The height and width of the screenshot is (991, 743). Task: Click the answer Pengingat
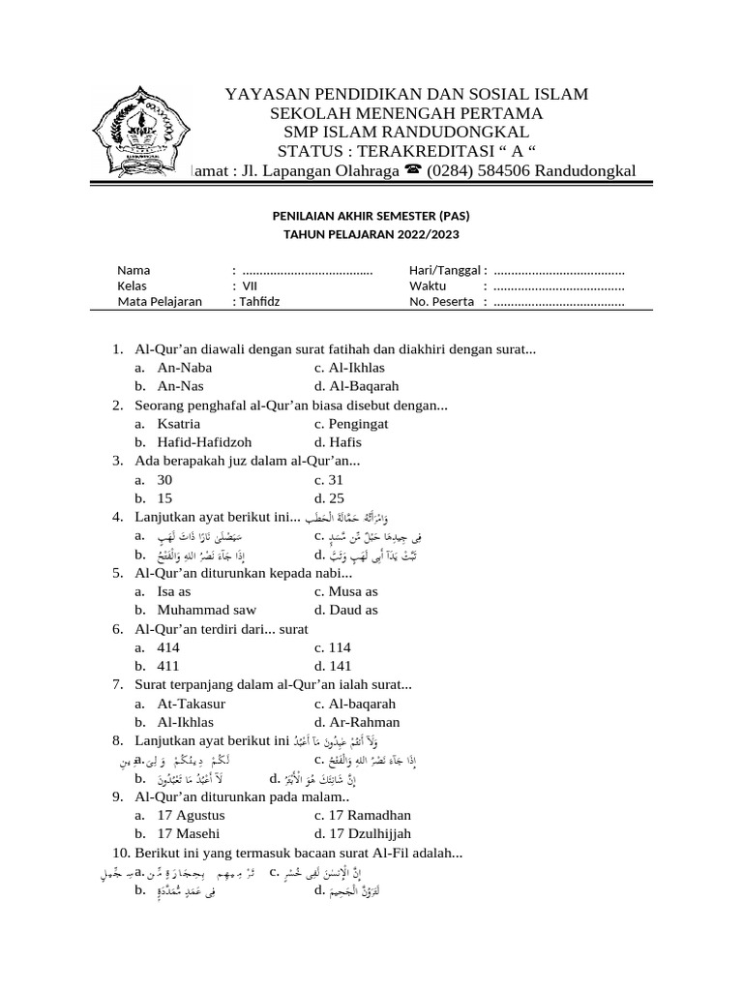point(358,424)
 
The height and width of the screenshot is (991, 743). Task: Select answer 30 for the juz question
point(164,480)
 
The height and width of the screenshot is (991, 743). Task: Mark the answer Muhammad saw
point(207,611)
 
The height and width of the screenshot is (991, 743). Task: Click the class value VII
point(250,285)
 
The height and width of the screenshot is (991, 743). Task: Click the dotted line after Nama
point(308,271)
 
